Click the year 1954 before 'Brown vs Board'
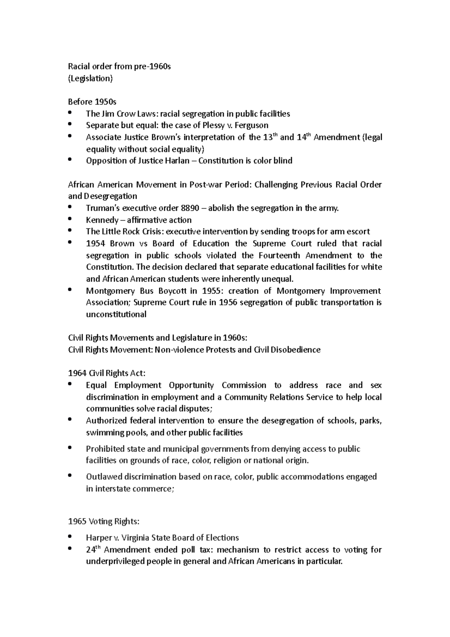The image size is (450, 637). tap(95, 244)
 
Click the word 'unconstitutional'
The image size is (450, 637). tap(116, 315)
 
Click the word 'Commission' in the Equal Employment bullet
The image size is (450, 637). tap(244, 385)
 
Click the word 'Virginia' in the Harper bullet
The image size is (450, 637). tap(135, 538)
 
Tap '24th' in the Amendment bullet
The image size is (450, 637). tap(93, 550)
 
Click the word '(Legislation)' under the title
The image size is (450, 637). tap(90, 78)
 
